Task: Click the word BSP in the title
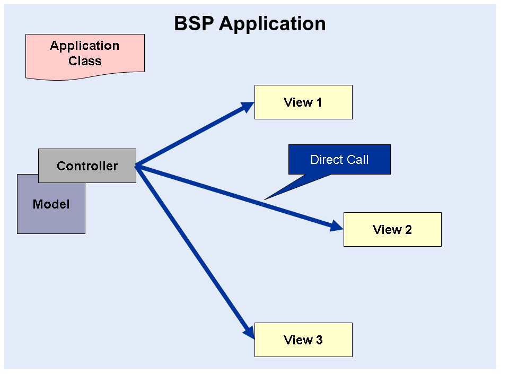coord(194,23)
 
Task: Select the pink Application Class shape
coord(85,56)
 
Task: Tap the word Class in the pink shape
coord(85,61)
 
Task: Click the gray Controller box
coord(87,166)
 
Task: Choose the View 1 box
coord(303,102)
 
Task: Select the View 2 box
coord(392,229)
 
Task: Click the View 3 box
coord(303,340)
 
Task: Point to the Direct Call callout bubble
coord(339,159)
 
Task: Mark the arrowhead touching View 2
coord(337,227)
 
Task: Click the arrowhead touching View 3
coord(249,332)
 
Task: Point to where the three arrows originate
coord(137,167)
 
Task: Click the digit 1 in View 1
coord(319,102)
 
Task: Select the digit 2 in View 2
coord(408,230)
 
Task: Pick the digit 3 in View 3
coord(319,340)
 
